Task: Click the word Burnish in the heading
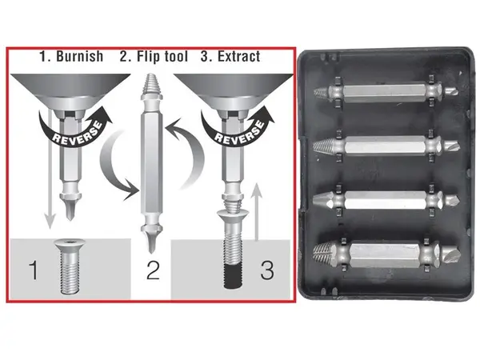pos(79,56)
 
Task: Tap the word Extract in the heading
pos(238,56)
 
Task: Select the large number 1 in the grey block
pos(34,270)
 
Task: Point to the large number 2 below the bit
pos(153,270)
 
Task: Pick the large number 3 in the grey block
pos(267,270)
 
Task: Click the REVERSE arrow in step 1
pos(75,129)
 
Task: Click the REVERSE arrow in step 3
pos(238,129)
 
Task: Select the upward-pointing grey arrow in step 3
pos(258,211)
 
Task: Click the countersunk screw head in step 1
pos(70,244)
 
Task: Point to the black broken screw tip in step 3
pos(233,275)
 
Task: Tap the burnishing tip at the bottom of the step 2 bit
pos(150,241)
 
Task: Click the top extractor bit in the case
pos(386,91)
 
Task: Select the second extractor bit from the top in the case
pos(386,146)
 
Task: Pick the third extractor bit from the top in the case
pos(386,199)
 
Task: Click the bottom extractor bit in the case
pos(386,254)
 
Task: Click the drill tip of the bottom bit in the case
pos(450,254)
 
